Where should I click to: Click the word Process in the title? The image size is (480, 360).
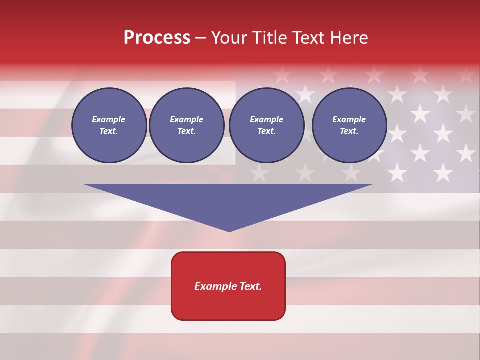(x=157, y=38)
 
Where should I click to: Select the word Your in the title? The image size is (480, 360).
(x=229, y=38)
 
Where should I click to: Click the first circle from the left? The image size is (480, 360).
(x=109, y=125)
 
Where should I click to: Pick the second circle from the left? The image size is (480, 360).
(x=187, y=125)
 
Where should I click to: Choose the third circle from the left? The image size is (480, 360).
(x=267, y=125)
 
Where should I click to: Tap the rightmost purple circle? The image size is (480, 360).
(x=349, y=125)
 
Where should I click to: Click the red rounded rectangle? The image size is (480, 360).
(x=228, y=286)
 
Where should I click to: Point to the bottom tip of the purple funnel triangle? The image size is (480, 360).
(x=229, y=231)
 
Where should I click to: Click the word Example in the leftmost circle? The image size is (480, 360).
(x=109, y=119)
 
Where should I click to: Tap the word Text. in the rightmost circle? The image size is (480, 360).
(x=349, y=131)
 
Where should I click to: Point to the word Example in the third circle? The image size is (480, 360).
(x=267, y=119)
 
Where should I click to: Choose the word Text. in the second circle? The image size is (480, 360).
(x=187, y=131)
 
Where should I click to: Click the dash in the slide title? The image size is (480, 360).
(x=200, y=38)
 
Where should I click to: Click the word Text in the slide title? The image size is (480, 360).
(x=310, y=38)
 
